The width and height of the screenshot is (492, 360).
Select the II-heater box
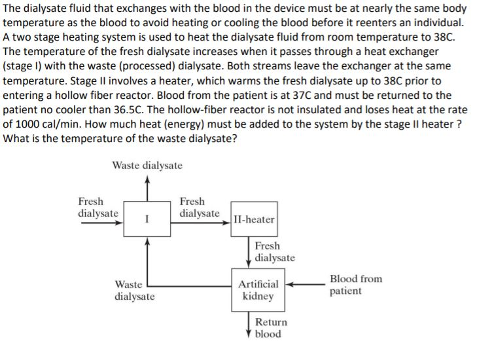click(254, 219)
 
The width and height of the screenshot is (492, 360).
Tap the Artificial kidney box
click(258, 290)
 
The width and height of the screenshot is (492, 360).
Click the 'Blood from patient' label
click(356, 285)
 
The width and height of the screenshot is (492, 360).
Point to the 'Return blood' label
click(271, 328)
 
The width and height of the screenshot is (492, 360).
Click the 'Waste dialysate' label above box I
click(147, 166)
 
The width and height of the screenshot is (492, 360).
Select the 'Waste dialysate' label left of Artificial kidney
click(135, 290)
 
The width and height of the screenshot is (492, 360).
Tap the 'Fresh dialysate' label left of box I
click(98, 207)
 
